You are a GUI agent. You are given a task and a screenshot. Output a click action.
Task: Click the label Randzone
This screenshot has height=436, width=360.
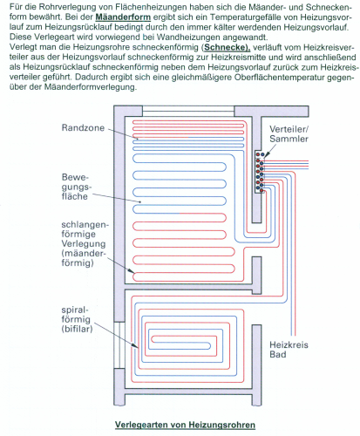tap(83, 128)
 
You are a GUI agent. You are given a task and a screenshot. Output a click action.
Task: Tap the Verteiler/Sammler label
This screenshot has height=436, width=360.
tap(289, 133)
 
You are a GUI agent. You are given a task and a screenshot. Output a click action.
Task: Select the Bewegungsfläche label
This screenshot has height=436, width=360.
tap(76, 187)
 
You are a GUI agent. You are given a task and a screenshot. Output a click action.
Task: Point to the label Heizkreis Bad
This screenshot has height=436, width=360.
tap(289, 350)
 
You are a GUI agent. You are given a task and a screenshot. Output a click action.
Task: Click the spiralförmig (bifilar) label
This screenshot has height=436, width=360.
tap(77, 319)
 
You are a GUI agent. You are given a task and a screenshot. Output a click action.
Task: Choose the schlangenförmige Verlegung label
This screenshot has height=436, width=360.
tap(85, 243)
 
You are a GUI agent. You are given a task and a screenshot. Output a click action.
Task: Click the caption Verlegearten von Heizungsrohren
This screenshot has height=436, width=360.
tap(185, 425)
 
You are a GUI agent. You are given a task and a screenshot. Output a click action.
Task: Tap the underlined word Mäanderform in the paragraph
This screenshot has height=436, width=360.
tap(123, 17)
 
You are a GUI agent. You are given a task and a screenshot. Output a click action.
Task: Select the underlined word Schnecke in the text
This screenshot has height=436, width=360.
tap(227, 47)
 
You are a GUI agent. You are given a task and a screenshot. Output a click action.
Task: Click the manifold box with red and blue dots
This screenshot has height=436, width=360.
tap(260, 172)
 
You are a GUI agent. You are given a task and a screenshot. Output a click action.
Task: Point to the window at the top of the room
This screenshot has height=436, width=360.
tap(188, 111)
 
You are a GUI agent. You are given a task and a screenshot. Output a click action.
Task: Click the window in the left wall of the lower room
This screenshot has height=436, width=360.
tap(119, 345)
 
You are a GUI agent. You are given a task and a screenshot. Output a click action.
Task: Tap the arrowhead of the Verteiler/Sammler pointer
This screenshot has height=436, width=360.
tap(266, 155)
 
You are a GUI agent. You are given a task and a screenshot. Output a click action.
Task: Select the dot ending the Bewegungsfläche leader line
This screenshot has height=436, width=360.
tap(140, 201)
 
